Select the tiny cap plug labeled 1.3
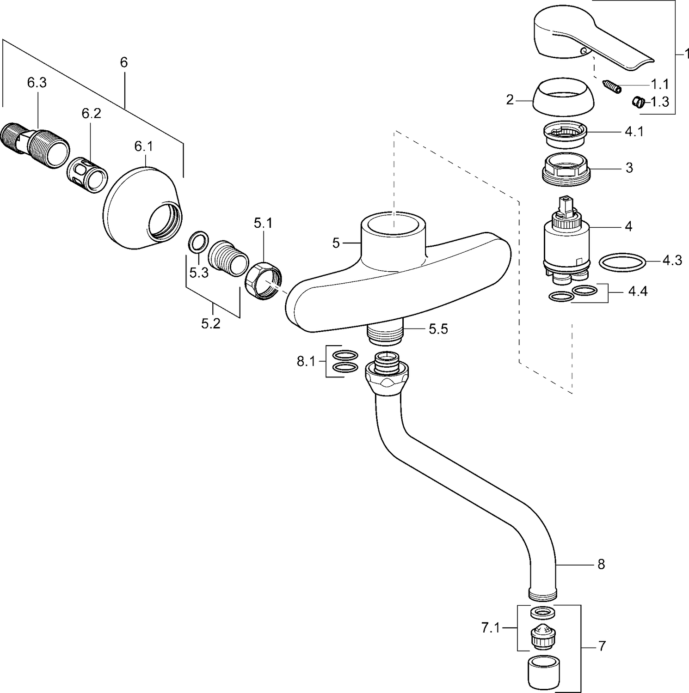[638, 102]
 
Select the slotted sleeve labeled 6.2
[88, 175]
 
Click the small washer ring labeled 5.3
[198, 243]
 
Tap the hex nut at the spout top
[387, 374]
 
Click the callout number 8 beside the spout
[601, 564]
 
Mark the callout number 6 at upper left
[123, 62]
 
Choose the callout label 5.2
[210, 324]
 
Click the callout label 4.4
[638, 292]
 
